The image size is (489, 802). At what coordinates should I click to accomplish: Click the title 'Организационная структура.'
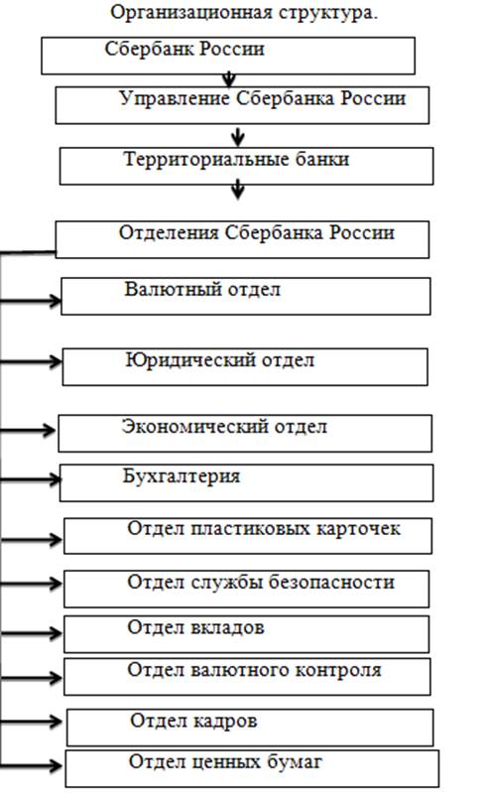tap(244, 12)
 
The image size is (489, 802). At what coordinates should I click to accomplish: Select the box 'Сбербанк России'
tap(228, 56)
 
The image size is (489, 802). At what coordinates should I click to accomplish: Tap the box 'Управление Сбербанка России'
tap(242, 105)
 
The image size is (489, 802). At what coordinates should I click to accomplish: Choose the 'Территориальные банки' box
tap(246, 166)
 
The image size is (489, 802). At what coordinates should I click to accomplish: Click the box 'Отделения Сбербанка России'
tap(242, 239)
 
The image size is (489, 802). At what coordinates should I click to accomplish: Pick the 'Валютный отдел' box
tap(246, 296)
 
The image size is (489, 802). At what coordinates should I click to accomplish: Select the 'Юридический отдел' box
tap(245, 366)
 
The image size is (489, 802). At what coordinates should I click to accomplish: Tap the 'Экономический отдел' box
tap(245, 433)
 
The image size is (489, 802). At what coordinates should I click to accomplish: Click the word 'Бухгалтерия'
tap(182, 476)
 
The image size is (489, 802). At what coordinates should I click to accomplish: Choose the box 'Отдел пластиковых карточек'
tap(248, 536)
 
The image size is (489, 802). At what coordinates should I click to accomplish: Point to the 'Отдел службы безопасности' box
tap(246, 590)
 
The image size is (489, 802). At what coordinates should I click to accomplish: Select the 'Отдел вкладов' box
tap(246, 634)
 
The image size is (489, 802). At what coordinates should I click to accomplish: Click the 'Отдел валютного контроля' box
tap(247, 677)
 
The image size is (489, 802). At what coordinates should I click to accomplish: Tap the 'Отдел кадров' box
tap(250, 728)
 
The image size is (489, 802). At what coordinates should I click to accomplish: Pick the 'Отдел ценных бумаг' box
tap(252, 769)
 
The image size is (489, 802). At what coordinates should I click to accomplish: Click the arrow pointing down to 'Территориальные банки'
tap(238, 136)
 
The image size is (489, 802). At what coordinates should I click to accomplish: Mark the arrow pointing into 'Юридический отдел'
tap(31, 361)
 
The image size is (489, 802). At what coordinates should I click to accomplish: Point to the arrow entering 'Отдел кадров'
tap(31, 722)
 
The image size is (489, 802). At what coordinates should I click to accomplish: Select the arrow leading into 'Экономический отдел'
tap(28, 430)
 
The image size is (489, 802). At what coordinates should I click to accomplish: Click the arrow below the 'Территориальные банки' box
tap(238, 189)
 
